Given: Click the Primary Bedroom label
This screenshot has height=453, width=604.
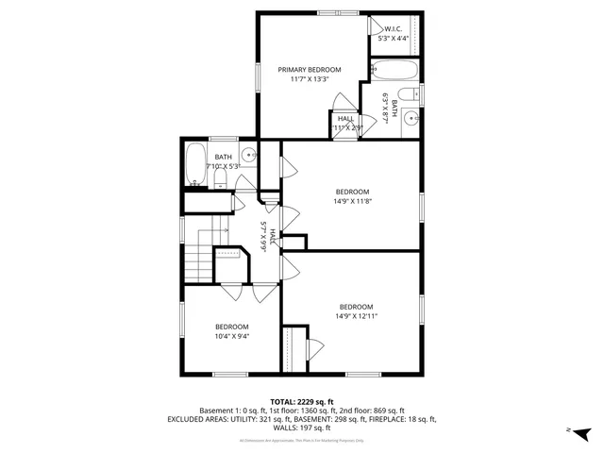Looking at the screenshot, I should pyautogui.click(x=309, y=69).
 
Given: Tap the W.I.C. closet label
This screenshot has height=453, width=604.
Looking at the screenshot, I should pyautogui.click(x=391, y=29).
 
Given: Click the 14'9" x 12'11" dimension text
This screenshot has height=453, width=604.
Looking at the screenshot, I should pyautogui.click(x=356, y=316).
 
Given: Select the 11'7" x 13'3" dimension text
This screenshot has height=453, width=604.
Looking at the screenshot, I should pyautogui.click(x=309, y=79).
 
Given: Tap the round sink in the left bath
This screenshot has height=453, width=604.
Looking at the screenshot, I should pyautogui.click(x=248, y=157).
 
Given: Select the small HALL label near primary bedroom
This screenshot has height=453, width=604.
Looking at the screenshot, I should pyautogui.click(x=345, y=118).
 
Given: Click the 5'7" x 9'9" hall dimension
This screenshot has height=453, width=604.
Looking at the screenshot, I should pyautogui.click(x=265, y=234).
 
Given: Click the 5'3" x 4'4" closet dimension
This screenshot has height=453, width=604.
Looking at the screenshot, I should pyautogui.click(x=394, y=39).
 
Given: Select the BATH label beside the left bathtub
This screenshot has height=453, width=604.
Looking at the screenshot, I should pyautogui.click(x=223, y=157).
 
